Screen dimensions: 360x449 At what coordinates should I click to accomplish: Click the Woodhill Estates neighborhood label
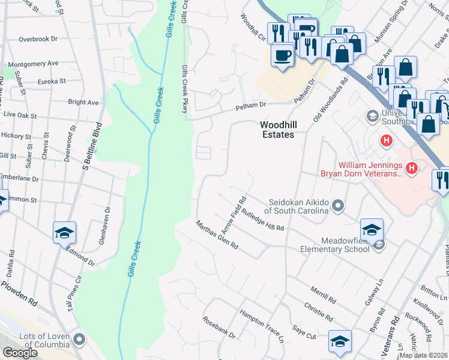tap(277, 130)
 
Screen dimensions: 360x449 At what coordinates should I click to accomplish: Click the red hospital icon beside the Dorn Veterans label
tap(411, 169)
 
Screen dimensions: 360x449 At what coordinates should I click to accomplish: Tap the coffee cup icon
tap(282, 56)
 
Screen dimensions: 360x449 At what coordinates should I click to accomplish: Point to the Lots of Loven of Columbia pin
tap(79, 341)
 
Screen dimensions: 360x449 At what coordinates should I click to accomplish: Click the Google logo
tap(20, 353)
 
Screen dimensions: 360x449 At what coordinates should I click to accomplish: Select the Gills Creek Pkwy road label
tap(185, 89)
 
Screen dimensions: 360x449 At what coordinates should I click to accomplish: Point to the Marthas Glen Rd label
tap(217, 235)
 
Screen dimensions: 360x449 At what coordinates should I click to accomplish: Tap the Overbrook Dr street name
tap(37, 39)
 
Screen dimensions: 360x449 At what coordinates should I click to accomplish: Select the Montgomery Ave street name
tap(34, 63)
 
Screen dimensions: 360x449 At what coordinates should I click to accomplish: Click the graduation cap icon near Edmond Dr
tap(64, 233)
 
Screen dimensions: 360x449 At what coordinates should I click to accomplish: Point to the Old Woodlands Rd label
tap(331, 101)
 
